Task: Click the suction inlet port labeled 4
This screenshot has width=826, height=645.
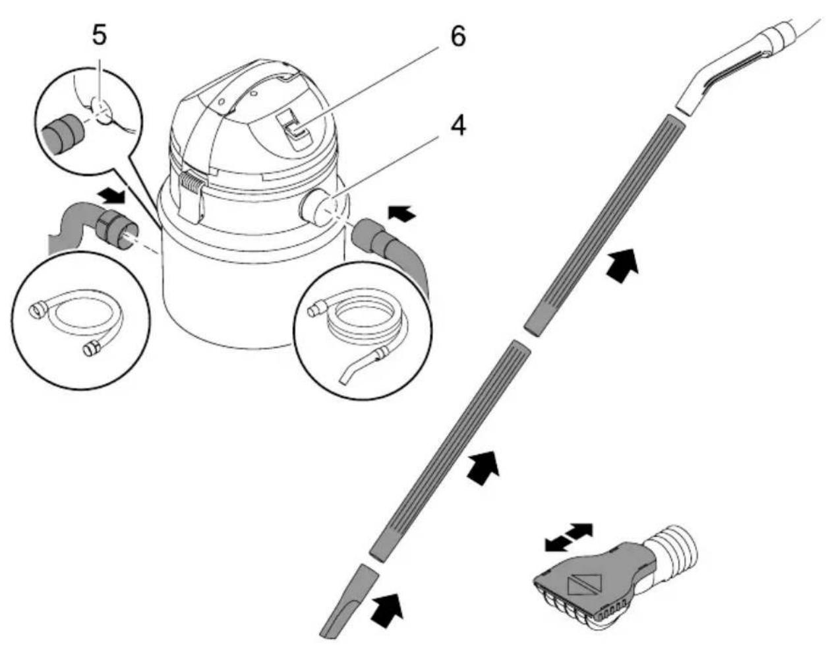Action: pos(317,207)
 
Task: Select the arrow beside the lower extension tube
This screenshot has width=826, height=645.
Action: pos(483,467)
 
